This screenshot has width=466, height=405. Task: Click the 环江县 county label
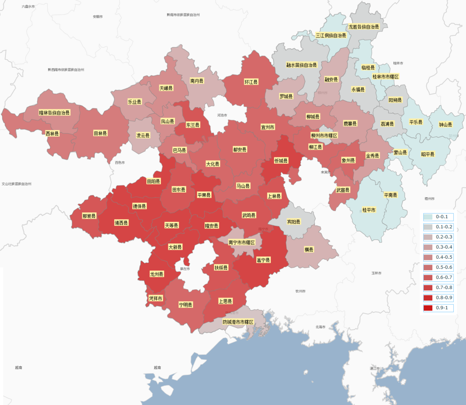(x=251, y=82)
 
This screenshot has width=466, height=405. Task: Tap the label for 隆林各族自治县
(x=54, y=112)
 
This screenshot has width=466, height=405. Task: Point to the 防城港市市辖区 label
(x=238, y=322)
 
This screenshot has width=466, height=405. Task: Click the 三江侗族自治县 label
(x=331, y=35)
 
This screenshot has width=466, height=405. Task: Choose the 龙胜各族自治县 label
(x=364, y=27)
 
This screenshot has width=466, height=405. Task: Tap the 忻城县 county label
(x=281, y=160)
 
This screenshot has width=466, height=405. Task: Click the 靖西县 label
(x=122, y=223)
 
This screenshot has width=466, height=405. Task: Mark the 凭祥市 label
(x=156, y=299)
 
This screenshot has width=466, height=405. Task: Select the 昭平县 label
(x=428, y=155)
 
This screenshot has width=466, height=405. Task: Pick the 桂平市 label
(x=369, y=210)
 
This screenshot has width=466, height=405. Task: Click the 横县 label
(x=309, y=249)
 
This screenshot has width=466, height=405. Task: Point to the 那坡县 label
(x=89, y=216)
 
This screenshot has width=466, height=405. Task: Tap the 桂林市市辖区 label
(x=385, y=77)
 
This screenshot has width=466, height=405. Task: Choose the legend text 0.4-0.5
(x=444, y=257)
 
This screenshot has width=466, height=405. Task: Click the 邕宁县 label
(x=263, y=260)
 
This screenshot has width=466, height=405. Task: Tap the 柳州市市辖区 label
(x=324, y=135)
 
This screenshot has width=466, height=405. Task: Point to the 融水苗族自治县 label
(x=301, y=65)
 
